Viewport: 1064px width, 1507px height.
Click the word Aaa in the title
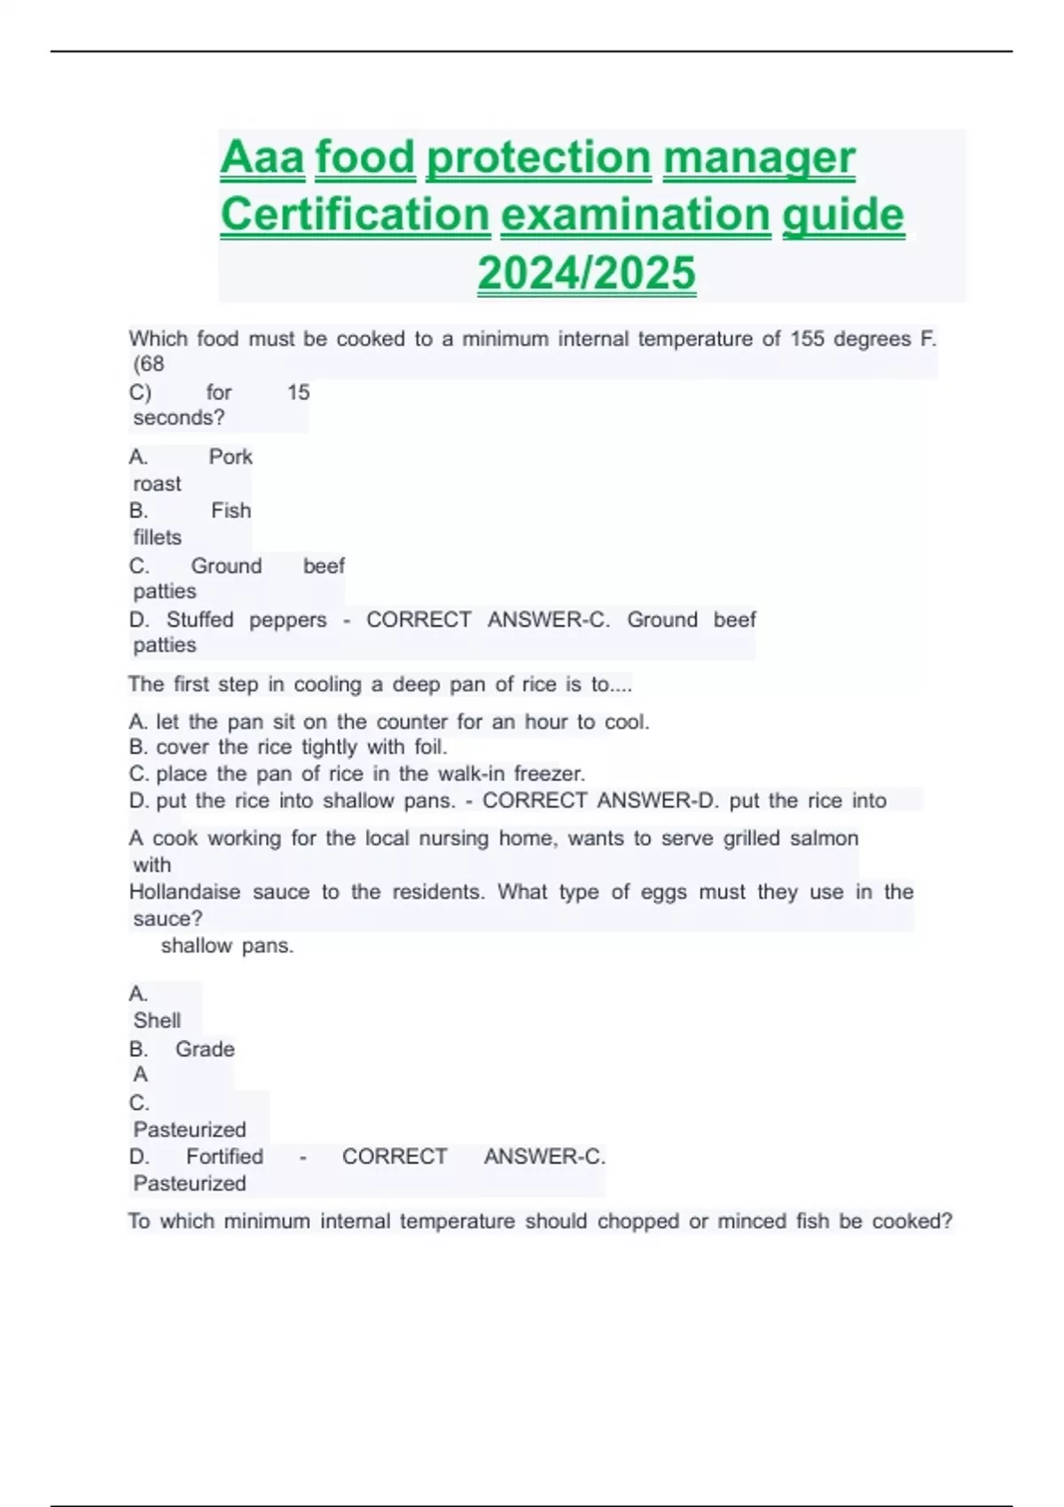(262, 158)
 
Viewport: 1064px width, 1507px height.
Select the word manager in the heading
(759, 158)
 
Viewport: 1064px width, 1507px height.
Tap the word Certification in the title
(355, 215)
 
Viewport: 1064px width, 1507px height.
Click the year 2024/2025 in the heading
(586, 272)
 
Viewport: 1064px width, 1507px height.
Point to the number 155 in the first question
(807, 339)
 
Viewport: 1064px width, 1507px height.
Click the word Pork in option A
(231, 457)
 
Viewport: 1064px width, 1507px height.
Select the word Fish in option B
(231, 511)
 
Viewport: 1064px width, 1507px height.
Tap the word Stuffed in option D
(199, 620)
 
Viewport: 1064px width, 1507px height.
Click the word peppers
(287, 621)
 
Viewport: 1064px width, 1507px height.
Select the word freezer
(550, 773)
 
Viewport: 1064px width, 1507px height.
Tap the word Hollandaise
(184, 892)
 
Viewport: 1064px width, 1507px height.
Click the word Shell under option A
(157, 1020)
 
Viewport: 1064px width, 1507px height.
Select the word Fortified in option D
(224, 1157)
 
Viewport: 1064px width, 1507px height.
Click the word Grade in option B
(205, 1049)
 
